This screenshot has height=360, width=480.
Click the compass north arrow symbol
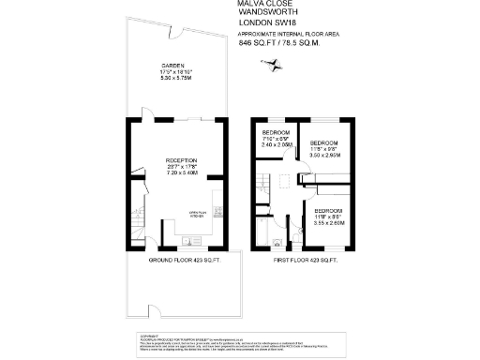(274, 66)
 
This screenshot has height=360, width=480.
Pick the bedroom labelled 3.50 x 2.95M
(323, 148)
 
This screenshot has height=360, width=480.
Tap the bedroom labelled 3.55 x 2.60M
(330, 217)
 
